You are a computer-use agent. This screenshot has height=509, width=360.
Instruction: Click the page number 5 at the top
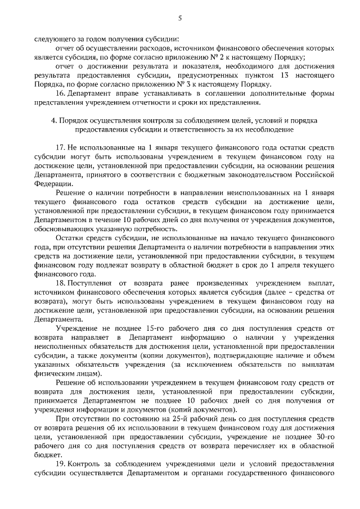pyautogui.click(x=180, y=19)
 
